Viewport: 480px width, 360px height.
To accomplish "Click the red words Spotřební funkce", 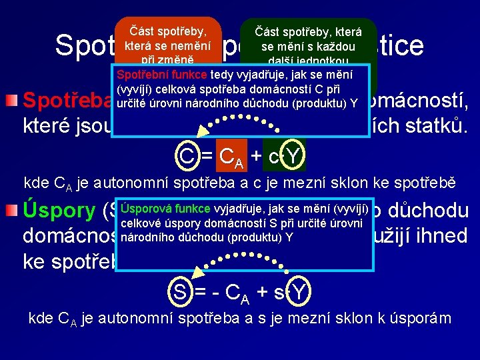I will pyautogui.click(x=162, y=75).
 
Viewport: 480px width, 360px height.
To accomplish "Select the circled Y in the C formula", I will pyautogui.click(x=293, y=158).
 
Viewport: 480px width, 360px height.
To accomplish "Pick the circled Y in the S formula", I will pyautogui.click(x=299, y=291).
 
